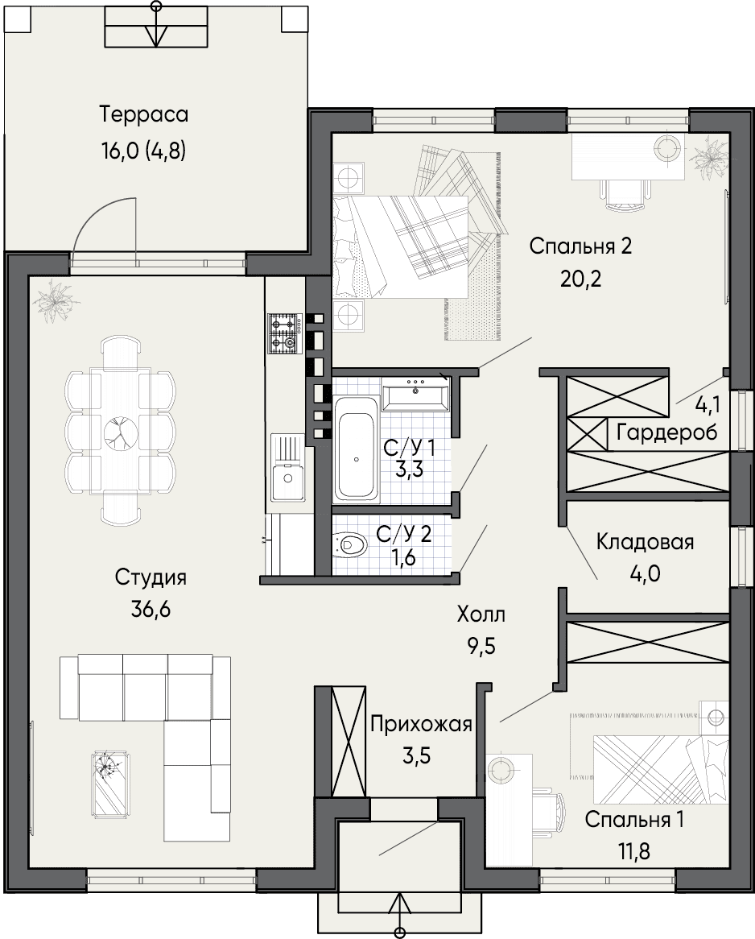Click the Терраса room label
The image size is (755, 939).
point(144,114)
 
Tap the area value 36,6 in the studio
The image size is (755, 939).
point(151,610)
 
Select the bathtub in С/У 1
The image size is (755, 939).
point(357,449)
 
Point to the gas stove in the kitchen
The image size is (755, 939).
point(283,333)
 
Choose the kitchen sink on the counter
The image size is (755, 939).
point(287,468)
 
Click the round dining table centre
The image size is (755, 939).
point(121,431)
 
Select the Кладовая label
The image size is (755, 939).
point(645,542)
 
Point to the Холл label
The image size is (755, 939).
point(481,614)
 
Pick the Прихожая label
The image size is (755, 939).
point(421,725)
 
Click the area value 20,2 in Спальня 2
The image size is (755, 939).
point(581,279)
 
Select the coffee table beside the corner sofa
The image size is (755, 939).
point(109,783)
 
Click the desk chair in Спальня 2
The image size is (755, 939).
point(625,194)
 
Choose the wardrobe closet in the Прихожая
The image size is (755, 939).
point(349,742)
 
